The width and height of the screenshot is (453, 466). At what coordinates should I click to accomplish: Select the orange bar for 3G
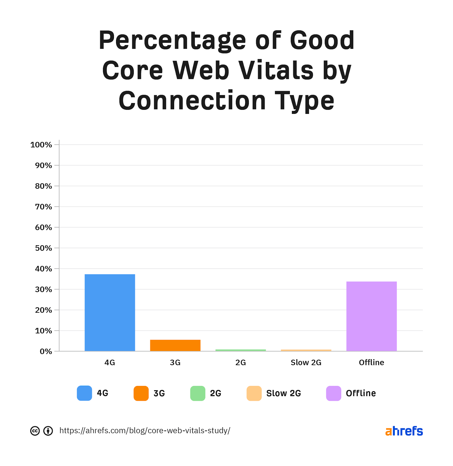pyautogui.click(x=175, y=345)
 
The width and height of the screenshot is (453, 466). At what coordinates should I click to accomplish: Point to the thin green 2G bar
pyautogui.click(x=240, y=350)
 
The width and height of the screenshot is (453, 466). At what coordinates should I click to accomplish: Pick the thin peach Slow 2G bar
pyautogui.click(x=306, y=350)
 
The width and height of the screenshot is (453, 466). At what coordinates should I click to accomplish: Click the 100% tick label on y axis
pyautogui.click(x=41, y=145)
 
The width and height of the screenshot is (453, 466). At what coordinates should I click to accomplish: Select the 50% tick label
pyautogui.click(x=43, y=248)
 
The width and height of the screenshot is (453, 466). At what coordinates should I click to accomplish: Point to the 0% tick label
pyautogui.click(x=46, y=352)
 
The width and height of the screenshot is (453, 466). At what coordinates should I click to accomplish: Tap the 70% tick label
pyautogui.click(x=43, y=207)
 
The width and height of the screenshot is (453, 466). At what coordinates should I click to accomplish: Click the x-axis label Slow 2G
pyautogui.click(x=306, y=363)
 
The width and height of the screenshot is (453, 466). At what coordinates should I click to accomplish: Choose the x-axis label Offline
pyautogui.click(x=371, y=363)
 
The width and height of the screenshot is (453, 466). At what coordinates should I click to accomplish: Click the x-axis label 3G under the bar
pyautogui.click(x=175, y=363)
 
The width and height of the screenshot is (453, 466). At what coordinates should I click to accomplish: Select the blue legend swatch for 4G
pyautogui.click(x=84, y=393)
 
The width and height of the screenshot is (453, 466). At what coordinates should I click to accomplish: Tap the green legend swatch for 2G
pyautogui.click(x=198, y=393)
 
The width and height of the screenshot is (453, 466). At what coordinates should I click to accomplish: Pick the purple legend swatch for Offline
pyautogui.click(x=333, y=393)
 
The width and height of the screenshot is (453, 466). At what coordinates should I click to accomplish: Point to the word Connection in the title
pyautogui.click(x=192, y=101)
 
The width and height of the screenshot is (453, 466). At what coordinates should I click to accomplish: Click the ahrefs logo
pyautogui.click(x=404, y=431)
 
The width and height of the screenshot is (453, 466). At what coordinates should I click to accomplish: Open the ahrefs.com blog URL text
pyautogui.click(x=145, y=431)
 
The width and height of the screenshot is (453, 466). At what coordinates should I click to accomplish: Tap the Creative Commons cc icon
pyautogui.click(x=35, y=431)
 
